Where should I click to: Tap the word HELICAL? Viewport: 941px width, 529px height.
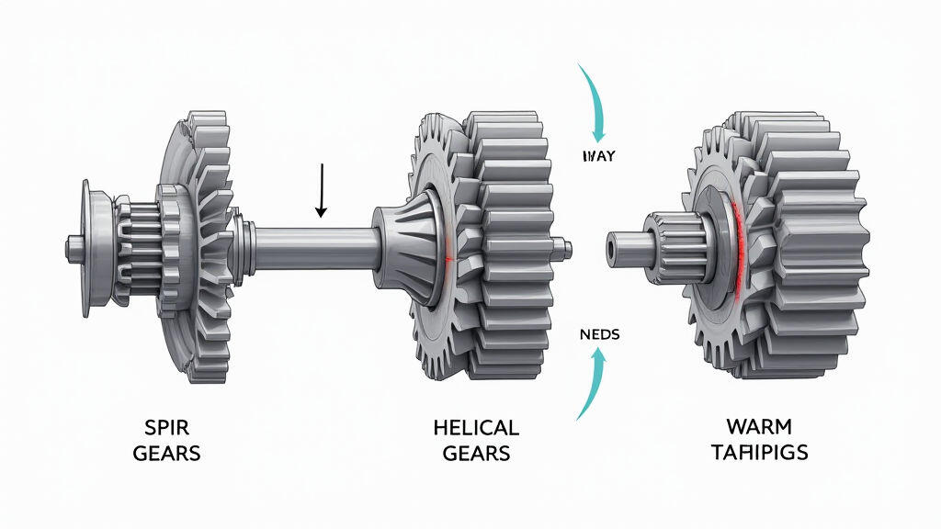pos(475,429)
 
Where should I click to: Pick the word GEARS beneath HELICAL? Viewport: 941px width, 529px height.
pos(475,453)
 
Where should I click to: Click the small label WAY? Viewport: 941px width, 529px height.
pos(598,156)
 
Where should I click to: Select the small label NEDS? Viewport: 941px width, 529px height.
pos(598,335)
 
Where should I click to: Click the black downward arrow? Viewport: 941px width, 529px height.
pos(321,191)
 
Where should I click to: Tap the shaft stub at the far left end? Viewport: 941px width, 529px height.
pos(73,246)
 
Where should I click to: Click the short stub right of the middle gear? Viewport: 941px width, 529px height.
pos(564,246)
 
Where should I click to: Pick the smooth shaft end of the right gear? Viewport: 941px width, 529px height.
pos(626,244)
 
